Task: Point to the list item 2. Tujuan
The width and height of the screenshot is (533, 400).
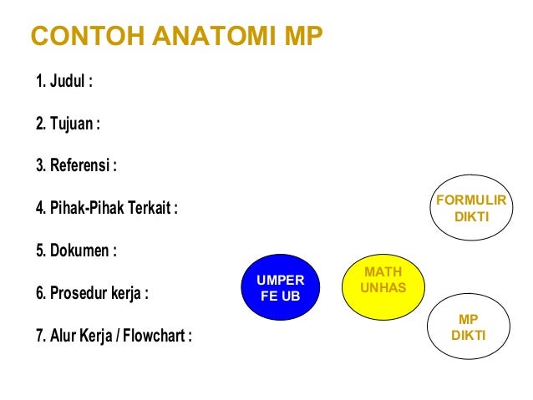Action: [68, 124]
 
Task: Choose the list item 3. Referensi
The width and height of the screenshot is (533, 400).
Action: [76, 165]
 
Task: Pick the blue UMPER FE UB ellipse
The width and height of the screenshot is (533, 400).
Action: [281, 287]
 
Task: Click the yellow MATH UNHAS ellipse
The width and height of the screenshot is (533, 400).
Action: [383, 280]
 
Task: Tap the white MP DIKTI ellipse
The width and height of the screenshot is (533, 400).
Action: [469, 327]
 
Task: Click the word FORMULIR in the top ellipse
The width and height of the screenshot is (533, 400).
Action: [472, 200]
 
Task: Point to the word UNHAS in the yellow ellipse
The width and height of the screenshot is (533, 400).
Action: [383, 288]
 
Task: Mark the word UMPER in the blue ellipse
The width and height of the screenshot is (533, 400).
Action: [281, 280]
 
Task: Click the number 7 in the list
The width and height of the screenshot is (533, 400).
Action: [39, 336]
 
